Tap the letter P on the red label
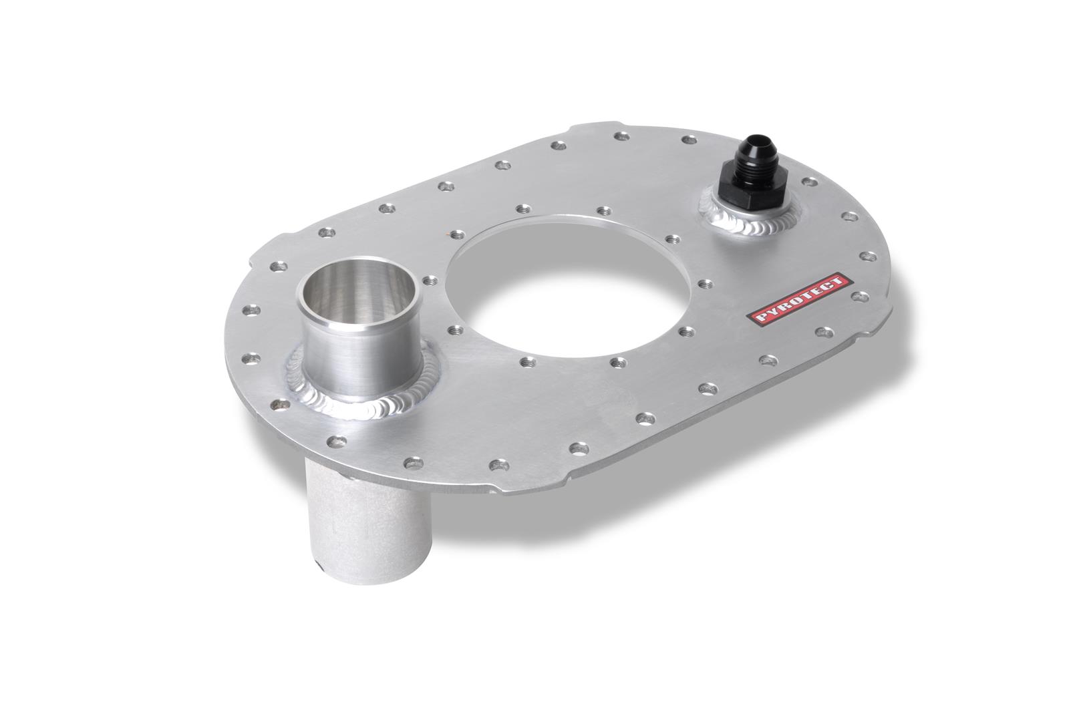pyautogui.click(x=756, y=319)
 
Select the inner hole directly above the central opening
pyautogui.click(x=603, y=211)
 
